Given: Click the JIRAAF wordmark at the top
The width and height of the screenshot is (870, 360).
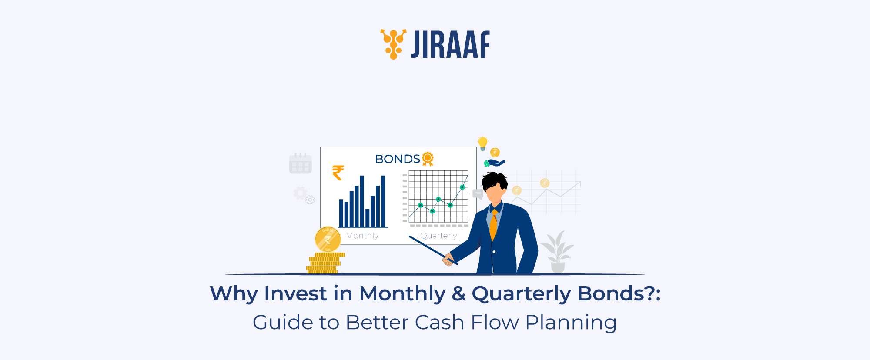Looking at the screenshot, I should pos(450,44).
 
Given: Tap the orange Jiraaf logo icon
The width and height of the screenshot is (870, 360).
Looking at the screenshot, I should pos(393,43).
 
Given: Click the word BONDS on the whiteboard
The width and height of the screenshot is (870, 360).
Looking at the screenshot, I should pos(397,159).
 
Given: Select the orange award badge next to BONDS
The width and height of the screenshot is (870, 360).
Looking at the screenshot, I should pos(428,159).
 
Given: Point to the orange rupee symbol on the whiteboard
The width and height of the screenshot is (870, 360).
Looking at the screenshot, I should pos(338,173).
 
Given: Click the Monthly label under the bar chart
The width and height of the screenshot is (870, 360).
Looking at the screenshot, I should pos(362,236).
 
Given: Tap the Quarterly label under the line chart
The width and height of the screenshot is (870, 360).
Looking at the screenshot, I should pos(438,236).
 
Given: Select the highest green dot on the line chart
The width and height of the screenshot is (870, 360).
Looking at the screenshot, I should pos(462,187).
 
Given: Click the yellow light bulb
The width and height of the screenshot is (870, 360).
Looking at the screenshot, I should pos(482,143).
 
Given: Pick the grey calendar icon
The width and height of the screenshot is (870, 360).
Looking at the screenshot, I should pos(300,164).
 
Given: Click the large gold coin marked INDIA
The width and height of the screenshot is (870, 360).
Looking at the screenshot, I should pos(328,239).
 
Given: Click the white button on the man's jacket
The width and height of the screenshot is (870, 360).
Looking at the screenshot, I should pos(494,252).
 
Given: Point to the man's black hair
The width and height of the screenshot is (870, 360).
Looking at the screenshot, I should pos(495,180).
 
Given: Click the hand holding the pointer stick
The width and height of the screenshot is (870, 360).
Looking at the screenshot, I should pos(448,260).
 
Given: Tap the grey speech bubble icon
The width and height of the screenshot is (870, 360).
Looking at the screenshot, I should pos(478,194).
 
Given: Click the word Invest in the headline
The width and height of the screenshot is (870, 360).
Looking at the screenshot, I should pos(295,293).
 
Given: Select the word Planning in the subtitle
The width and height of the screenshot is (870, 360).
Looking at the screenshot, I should pos(571,323).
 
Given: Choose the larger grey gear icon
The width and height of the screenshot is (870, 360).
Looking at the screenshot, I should pos(300,193).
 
